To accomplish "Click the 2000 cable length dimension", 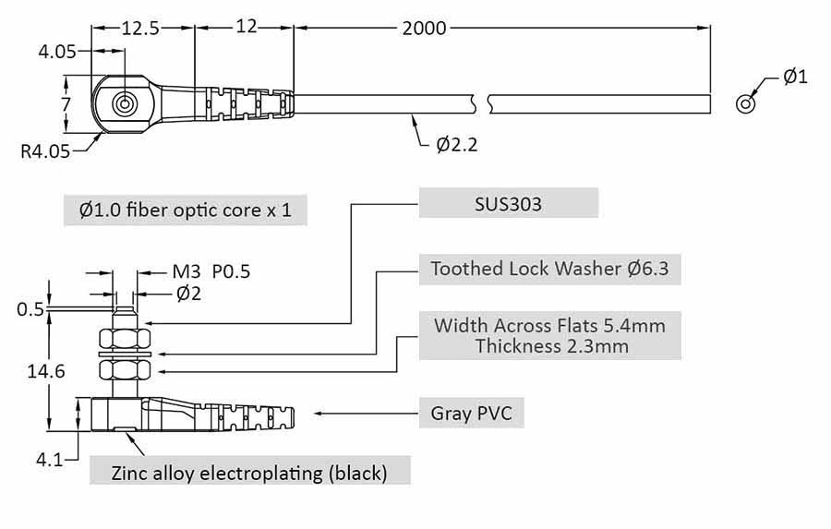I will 424,29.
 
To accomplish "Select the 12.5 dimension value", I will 140,29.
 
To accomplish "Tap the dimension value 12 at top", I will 245,29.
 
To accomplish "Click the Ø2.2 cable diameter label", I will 457,143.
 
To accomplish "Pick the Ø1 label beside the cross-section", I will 795,77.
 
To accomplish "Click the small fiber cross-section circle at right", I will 744,103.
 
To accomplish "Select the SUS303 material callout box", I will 509,204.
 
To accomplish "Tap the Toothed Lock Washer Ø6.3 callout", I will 549,269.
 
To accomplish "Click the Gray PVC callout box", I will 472,413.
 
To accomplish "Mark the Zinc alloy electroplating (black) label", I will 249,474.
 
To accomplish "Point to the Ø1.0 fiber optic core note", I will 186,210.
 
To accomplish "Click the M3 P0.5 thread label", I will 211,271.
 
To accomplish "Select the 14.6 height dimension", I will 46,372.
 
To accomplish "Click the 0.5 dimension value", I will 30,309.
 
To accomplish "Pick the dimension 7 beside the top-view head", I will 66,103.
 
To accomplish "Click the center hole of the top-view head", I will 124,103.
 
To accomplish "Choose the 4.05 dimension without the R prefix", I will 57,53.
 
